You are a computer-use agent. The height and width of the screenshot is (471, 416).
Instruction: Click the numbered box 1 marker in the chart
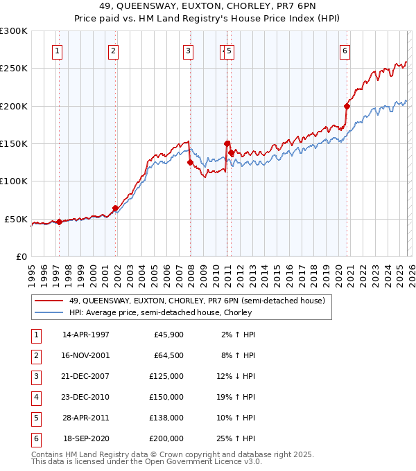point(56,50)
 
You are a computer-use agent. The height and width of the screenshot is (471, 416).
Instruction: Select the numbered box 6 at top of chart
point(345,50)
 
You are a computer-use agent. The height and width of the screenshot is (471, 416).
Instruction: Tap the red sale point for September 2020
point(347,106)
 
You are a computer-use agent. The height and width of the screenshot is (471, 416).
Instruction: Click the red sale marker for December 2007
point(190,163)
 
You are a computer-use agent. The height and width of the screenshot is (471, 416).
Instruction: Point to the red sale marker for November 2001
point(115,208)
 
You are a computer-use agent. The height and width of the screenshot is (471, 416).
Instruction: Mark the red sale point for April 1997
point(59,222)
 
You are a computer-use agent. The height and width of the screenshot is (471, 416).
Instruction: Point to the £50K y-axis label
point(16,219)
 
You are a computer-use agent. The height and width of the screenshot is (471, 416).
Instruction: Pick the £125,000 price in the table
point(167,375)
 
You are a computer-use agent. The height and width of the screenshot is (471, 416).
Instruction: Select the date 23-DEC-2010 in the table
point(86,396)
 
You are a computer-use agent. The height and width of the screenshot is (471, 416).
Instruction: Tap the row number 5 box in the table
point(34,417)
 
